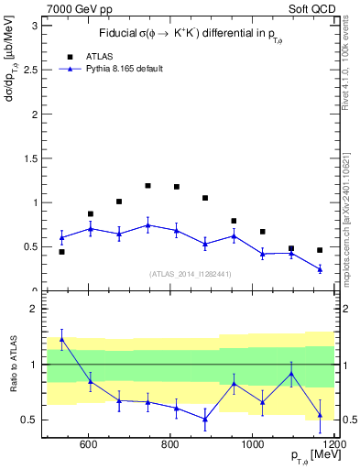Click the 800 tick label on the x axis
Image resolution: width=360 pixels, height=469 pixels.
[x=170, y=445]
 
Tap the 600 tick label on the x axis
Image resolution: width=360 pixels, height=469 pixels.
[x=89, y=445]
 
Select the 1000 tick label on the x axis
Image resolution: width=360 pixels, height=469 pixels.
[x=253, y=445]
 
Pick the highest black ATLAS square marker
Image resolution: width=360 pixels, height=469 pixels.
[x=147, y=186]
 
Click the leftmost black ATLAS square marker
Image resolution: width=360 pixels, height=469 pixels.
[x=61, y=251]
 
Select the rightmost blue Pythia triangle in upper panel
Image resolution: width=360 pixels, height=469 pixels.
[x=320, y=269]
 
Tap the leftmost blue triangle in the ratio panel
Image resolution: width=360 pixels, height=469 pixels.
[x=61, y=339]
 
